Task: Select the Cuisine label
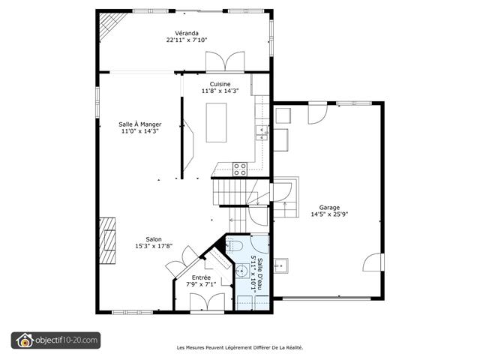[x=220, y=84]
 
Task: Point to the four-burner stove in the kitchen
[x=240, y=169]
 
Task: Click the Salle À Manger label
[x=141, y=124]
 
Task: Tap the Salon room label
[x=153, y=239]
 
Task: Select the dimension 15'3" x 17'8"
[x=153, y=246]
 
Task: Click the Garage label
[x=328, y=207]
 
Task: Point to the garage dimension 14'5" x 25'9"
[x=328, y=214]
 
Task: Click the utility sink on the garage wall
[x=281, y=264]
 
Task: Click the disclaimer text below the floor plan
[x=239, y=347]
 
